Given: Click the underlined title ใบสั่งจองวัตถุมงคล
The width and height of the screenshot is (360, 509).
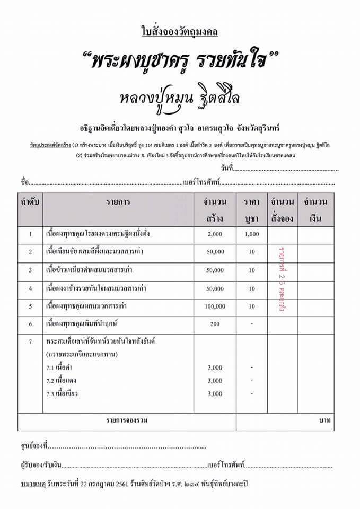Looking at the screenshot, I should (x=180, y=32).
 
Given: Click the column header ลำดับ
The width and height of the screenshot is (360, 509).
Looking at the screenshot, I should (x=31, y=202).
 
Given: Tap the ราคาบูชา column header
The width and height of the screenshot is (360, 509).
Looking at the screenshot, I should (x=252, y=210).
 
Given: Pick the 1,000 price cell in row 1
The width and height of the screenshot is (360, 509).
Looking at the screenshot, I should (x=252, y=234).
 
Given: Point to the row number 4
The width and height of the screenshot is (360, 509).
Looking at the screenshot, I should (x=31, y=289).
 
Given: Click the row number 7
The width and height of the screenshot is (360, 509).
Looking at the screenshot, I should (x=31, y=341).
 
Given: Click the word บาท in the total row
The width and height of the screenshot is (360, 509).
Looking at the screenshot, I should (x=325, y=420).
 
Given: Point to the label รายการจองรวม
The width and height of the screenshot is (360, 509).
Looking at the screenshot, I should (x=126, y=420).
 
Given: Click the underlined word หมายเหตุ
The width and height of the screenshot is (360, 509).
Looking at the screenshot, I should (x=32, y=485).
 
